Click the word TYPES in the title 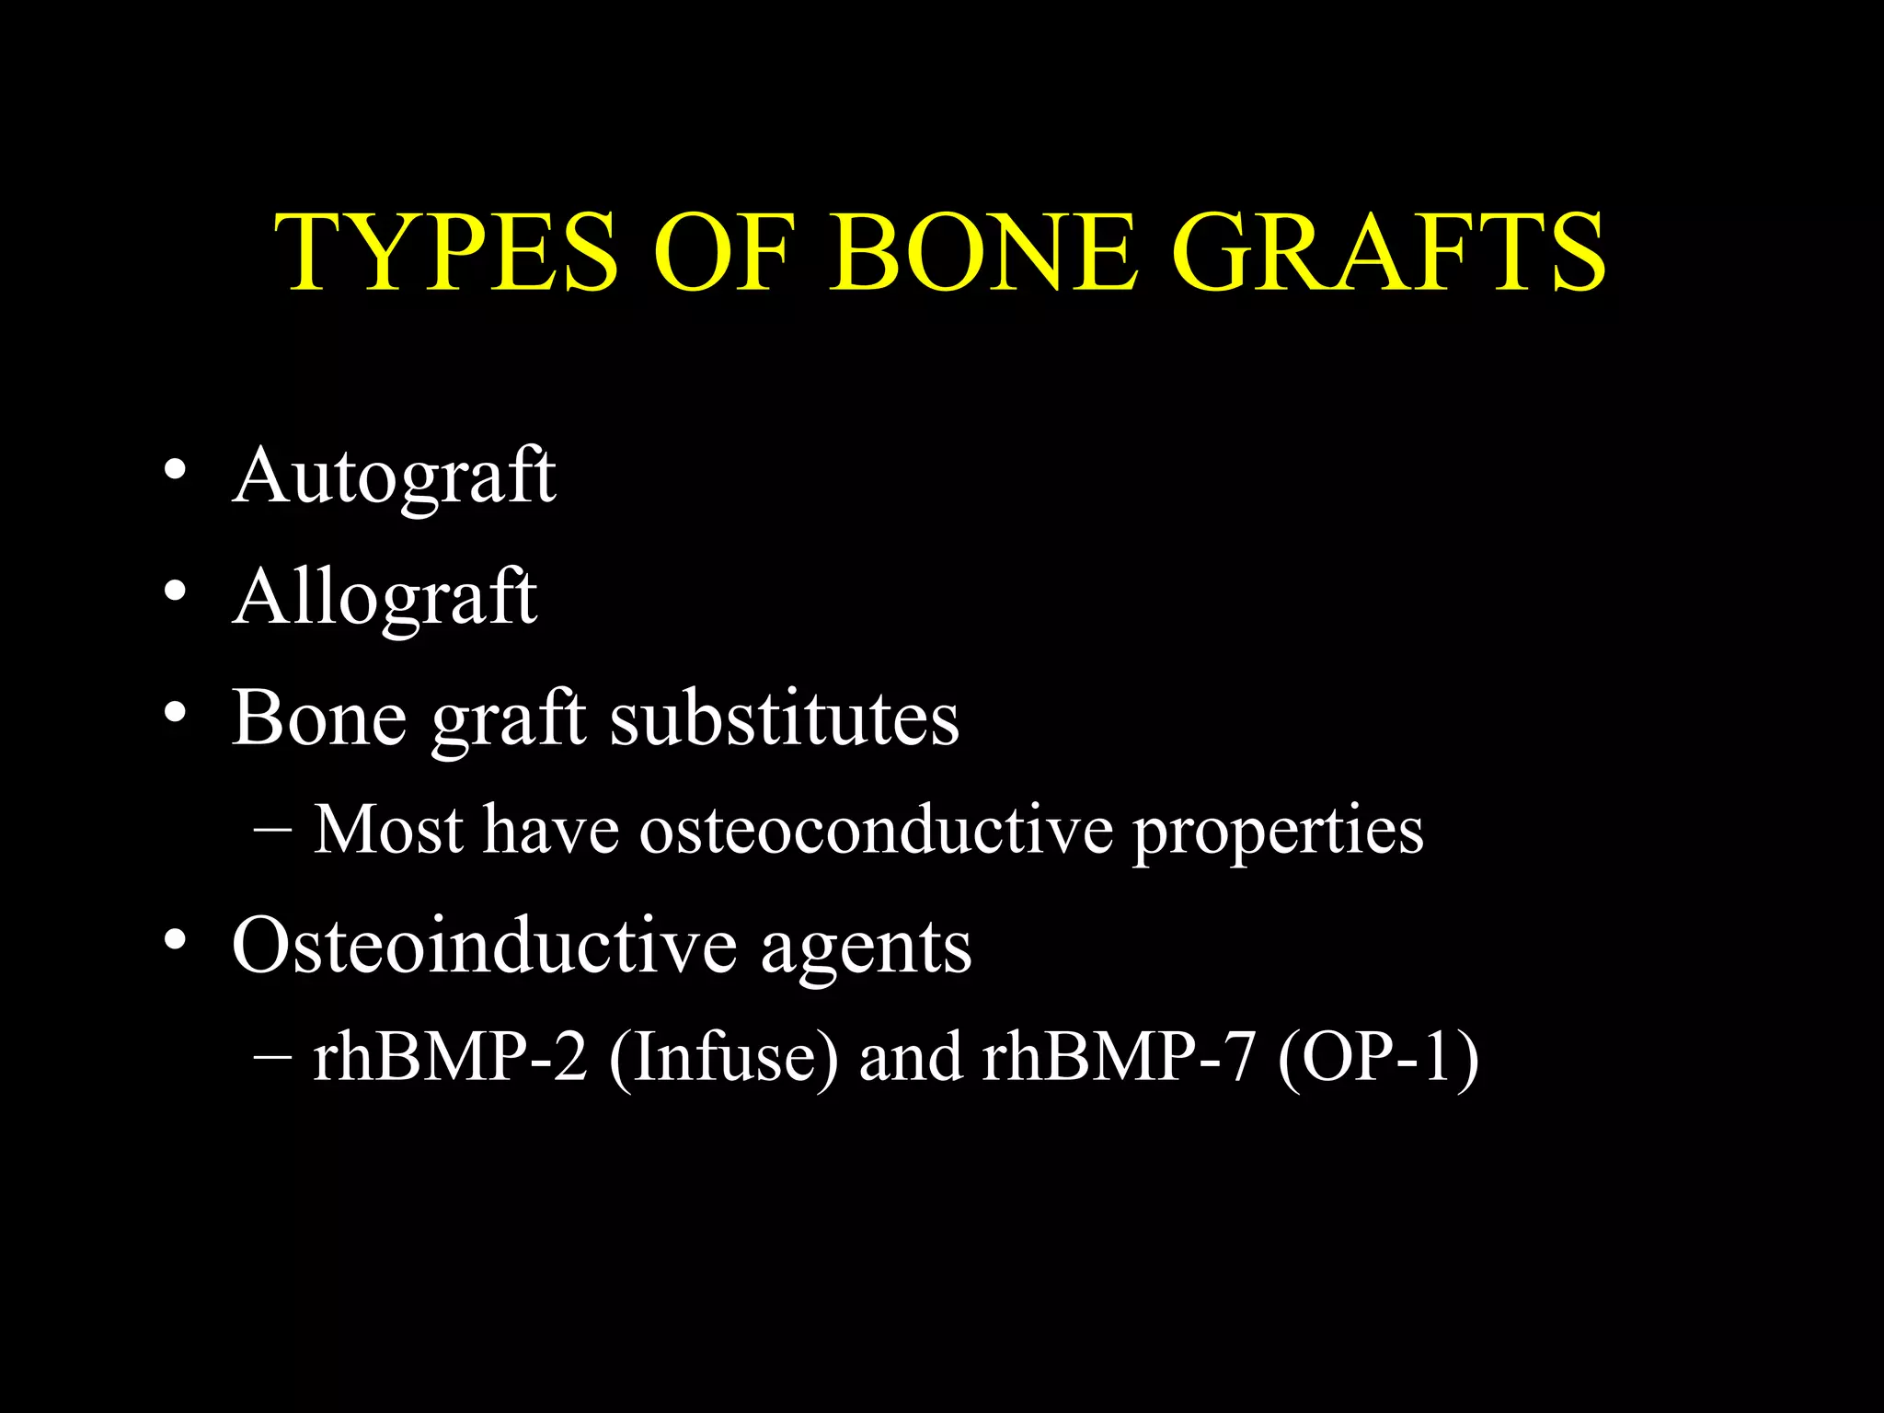[447, 252]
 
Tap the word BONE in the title [983, 252]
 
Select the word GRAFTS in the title [1389, 252]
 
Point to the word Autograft [394, 477]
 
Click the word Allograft [385, 598]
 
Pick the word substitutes [785, 718]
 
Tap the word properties [1278, 833]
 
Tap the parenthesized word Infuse [723, 1058]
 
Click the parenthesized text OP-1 [1378, 1058]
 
